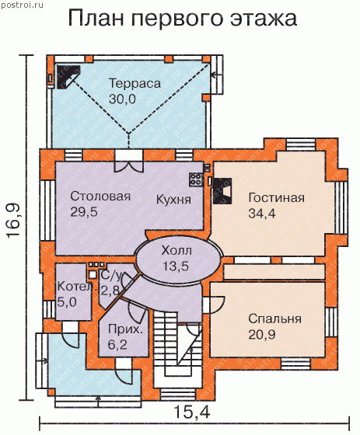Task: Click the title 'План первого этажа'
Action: click(183, 19)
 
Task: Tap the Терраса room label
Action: click(135, 84)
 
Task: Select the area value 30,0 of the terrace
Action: click(122, 99)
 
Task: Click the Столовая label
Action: click(100, 196)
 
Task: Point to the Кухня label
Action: click(173, 200)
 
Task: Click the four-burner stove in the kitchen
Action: click(197, 179)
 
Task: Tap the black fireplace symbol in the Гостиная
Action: click(222, 191)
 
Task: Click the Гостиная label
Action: click(276, 198)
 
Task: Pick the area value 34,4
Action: click(262, 214)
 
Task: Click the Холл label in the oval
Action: click(177, 250)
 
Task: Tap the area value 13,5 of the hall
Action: click(176, 266)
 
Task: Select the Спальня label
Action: click(274, 319)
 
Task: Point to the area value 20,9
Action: click(262, 335)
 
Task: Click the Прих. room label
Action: click(125, 329)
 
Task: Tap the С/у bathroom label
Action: click(111, 276)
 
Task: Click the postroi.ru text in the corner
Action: click(23, 5)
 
